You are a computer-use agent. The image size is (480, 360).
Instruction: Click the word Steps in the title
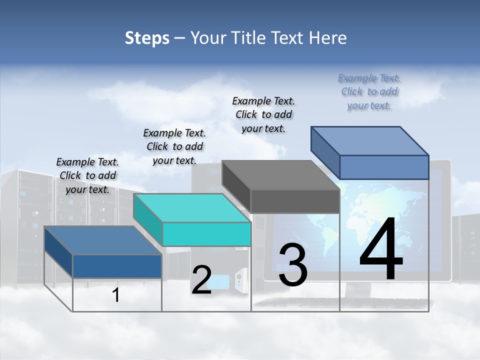(147, 38)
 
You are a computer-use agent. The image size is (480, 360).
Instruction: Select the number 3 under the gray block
(293, 265)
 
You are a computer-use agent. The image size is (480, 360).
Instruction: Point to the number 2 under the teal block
(201, 280)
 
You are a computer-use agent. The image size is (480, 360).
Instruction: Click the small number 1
(116, 295)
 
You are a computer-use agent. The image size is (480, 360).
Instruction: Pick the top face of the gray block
(280, 175)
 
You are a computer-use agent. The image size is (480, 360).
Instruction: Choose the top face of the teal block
(192, 208)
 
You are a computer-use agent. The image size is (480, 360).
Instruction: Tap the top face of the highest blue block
(370, 140)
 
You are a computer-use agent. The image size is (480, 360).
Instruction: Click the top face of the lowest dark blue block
(103, 240)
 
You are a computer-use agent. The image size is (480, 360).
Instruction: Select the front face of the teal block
(206, 234)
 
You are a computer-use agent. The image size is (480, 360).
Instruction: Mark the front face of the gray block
(295, 201)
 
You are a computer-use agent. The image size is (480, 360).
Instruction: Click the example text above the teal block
(174, 146)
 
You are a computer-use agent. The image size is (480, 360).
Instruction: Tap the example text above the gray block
(263, 114)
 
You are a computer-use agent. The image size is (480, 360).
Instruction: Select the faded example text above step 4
(369, 91)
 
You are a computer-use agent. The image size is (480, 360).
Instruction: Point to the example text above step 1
(87, 175)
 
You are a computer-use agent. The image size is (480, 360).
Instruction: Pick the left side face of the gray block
(236, 186)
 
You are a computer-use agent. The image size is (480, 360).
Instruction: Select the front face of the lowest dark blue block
(117, 266)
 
